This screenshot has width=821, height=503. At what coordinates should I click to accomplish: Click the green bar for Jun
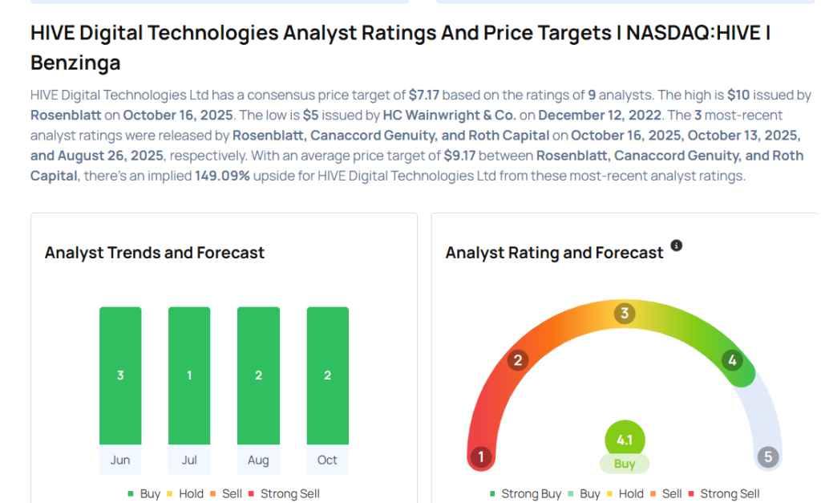pos(120,375)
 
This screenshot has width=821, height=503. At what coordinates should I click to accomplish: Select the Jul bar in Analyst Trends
pos(189,375)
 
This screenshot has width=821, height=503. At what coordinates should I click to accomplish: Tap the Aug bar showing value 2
pos(258,375)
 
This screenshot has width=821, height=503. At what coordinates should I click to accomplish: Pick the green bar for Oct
pos(327,375)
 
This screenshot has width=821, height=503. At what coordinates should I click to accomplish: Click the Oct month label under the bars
pos(327,460)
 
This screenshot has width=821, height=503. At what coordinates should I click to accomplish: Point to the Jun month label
pos(120,460)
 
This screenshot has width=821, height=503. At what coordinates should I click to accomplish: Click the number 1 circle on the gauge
pos(480,457)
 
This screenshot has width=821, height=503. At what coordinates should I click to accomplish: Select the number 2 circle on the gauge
pos(518,360)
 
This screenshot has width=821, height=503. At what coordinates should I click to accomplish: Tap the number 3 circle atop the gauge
pos(625,313)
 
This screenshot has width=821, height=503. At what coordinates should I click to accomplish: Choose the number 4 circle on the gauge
pos(731,360)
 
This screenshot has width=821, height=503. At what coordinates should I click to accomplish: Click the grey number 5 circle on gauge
pos(768,457)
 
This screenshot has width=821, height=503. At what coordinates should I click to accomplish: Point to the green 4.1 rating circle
pos(625,440)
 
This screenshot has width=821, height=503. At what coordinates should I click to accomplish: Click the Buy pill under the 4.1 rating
pos(625,464)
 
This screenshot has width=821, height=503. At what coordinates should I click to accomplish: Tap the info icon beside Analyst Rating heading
pos(677,245)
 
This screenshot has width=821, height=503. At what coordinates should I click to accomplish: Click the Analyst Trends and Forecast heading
pos(155,253)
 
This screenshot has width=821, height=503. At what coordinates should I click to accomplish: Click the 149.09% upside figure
pos(224,176)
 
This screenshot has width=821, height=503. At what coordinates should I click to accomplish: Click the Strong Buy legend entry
pos(525,494)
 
